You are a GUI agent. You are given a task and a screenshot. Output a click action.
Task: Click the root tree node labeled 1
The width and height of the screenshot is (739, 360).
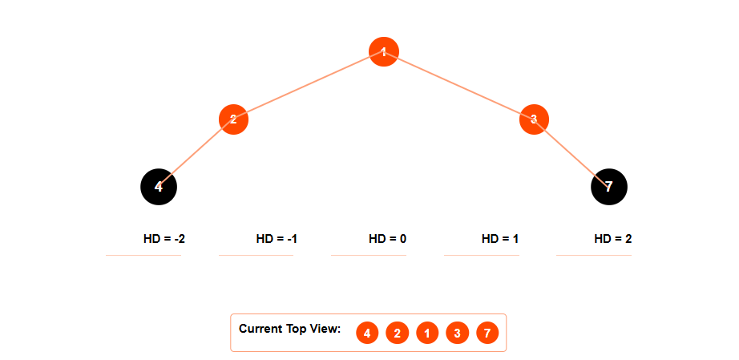coord(384,52)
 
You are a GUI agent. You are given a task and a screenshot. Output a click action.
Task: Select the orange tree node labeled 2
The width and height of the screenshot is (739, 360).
coord(233,120)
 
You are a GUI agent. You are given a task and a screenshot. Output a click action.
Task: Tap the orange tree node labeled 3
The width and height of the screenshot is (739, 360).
coord(534,119)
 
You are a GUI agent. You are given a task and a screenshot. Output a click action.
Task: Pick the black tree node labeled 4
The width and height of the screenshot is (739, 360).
coord(159,187)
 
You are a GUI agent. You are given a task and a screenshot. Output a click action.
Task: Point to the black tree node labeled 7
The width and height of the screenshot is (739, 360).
coord(609,187)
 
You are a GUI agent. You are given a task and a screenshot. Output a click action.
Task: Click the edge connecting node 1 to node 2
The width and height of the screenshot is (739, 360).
coord(309,86)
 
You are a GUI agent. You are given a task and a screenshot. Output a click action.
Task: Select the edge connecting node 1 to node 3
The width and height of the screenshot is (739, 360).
coord(458,86)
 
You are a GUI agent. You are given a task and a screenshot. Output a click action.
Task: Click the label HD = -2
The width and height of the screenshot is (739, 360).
coord(164,239)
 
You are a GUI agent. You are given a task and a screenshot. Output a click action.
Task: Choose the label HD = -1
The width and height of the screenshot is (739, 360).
coord(277,239)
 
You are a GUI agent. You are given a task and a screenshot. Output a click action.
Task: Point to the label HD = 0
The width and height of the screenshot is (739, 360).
coord(388,239)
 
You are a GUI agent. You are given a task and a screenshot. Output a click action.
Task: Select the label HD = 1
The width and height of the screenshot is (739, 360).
coord(500,239)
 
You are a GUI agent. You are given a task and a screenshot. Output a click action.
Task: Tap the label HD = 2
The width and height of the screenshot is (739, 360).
coord(613,239)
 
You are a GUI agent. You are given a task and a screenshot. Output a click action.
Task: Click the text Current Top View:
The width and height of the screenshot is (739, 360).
coord(290,329)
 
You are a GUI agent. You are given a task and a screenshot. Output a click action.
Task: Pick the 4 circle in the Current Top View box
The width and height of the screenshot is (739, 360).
coord(367,333)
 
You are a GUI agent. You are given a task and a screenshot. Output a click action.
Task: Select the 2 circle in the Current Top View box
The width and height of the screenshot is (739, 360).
coord(397,333)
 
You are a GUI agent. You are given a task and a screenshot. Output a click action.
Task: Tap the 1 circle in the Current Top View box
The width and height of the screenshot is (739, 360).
coord(427,333)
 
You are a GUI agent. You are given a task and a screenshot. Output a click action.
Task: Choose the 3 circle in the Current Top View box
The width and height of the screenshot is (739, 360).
coord(457,333)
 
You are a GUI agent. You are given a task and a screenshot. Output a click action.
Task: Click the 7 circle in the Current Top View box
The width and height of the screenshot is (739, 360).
coord(487,333)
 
